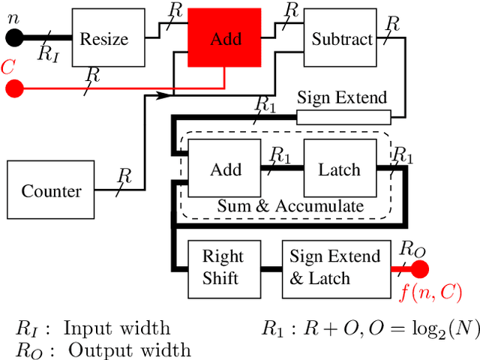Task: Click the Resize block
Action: pos(108,37)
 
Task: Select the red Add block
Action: pos(225,37)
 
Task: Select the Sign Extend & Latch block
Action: pos(335,267)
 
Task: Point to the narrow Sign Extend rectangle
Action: pos(343,117)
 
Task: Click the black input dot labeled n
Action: pos(13,37)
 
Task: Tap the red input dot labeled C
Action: pos(13,89)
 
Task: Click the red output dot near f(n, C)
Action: pos(419,269)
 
